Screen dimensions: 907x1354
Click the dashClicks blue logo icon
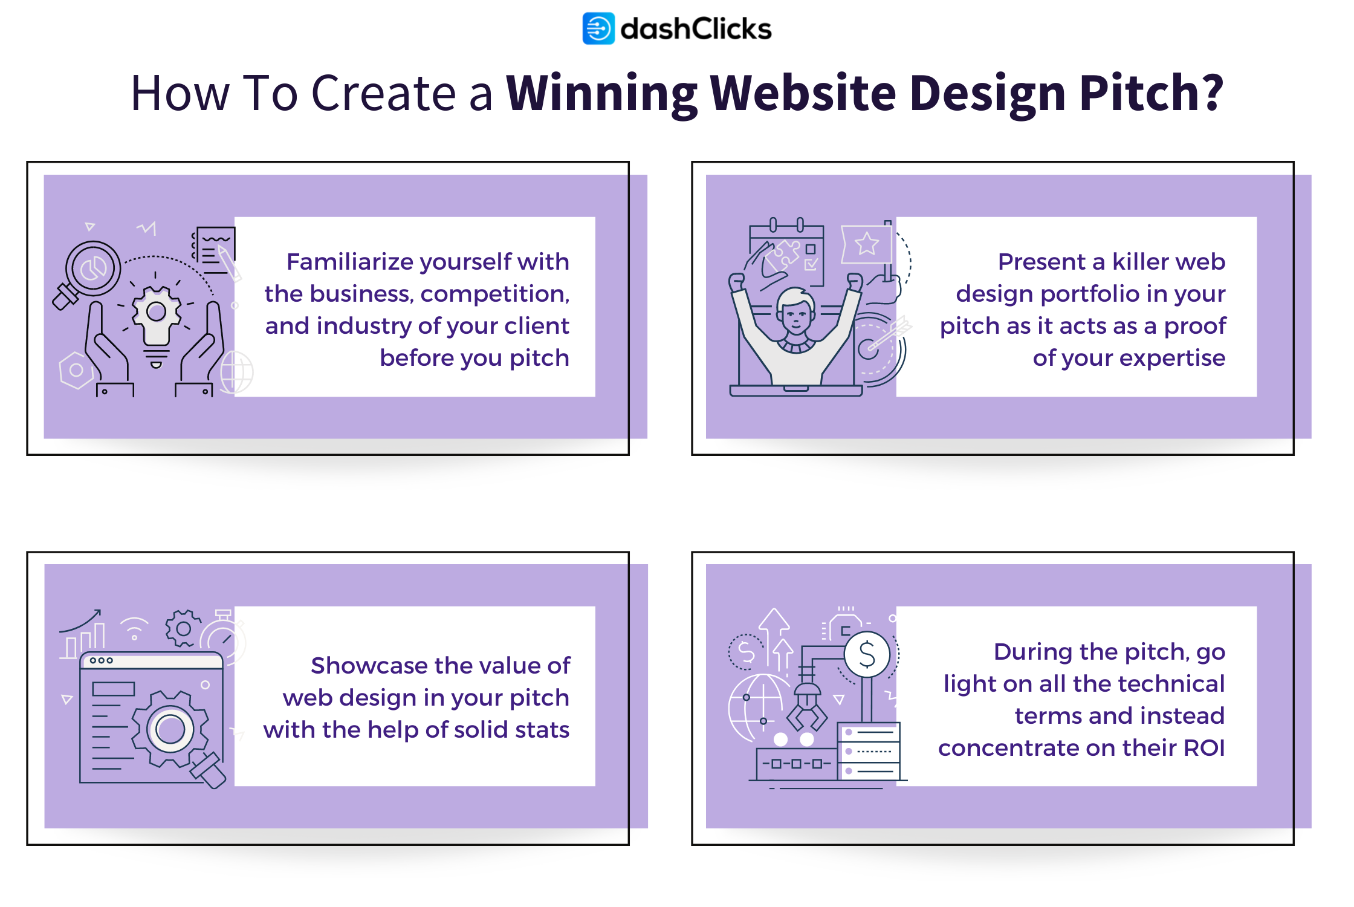[598, 28]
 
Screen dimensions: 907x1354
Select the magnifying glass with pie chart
[92, 269]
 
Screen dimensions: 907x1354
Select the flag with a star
[866, 244]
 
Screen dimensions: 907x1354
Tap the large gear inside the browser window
[170, 729]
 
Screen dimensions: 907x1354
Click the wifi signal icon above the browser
[134, 628]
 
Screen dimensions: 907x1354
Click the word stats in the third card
[542, 730]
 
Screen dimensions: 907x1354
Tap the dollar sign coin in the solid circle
[867, 655]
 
